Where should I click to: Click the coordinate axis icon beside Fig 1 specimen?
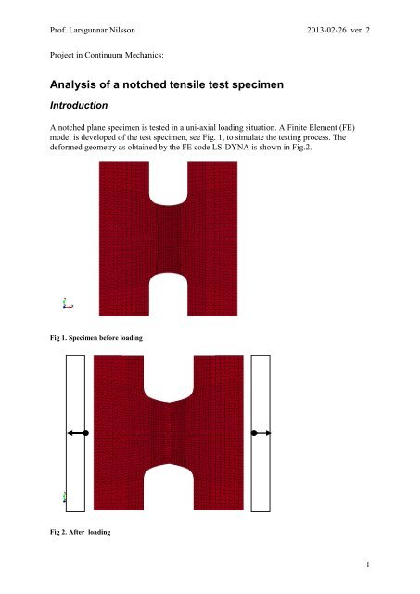(x=67, y=303)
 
